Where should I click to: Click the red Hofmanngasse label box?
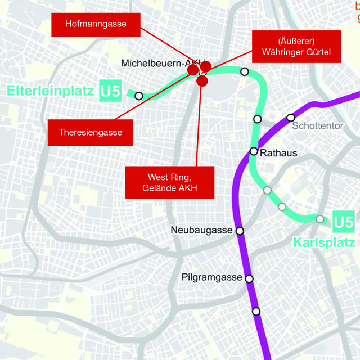pyautogui.click(x=95, y=24)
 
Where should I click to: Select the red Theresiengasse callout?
pyautogui.click(x=90, y=133)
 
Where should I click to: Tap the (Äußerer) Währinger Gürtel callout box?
pyautogui.click(x=296, y=47)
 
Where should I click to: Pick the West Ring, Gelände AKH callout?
pyautogui.click(x=170, y=182)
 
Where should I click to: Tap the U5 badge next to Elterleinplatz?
pyautogui.click(x=110, y=91)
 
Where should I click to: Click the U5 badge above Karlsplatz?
pyautogui.click(x=343, y=222)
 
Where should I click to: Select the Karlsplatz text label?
pyautogui.click(x=324, y=242)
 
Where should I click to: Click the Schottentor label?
pyautogui.click(x=317, y=126)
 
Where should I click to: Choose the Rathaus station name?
pyautogui.click(x=278, y=152)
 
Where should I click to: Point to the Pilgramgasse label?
pyautogui.click(x=211, y=277)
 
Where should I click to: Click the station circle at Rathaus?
pyautogui.click(x=254, y=151)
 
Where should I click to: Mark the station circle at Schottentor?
pyautogui.click(x=291, y=117)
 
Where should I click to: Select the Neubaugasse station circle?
pyautogui.click(x=240, y=231)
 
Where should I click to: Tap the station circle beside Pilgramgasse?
pyautogui.click(x=249, y=278)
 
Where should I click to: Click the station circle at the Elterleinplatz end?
pyautogui.click(x=138, y=96)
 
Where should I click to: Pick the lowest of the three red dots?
pyautogui.click(x=202, y=81)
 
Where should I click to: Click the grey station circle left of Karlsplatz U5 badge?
pyautogui.click(x=320, y=219)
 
